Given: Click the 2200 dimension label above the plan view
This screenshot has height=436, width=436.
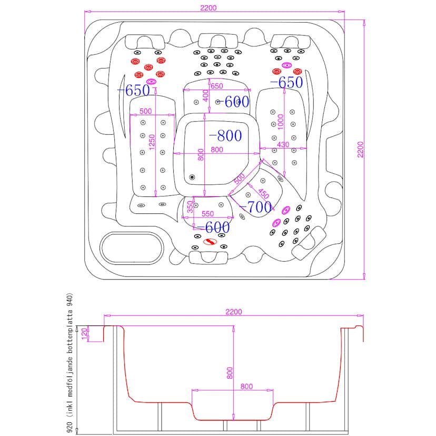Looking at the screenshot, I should (209, 7).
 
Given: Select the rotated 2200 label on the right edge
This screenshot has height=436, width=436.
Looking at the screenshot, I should (360, 149).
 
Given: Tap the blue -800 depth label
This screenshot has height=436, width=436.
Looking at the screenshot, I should (225, 136).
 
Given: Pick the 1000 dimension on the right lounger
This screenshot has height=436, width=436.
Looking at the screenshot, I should (281, 122).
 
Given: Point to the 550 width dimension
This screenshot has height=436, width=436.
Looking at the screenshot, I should (207, 214).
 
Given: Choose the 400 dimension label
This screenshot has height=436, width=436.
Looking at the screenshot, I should (206, 95).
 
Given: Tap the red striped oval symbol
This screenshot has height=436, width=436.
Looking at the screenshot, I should (210, 241).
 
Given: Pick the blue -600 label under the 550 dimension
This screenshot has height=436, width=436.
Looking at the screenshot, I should (211, 227).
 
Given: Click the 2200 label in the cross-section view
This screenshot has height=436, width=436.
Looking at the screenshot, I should (233, 312).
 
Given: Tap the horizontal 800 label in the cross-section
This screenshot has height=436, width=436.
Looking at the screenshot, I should (246, 386).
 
